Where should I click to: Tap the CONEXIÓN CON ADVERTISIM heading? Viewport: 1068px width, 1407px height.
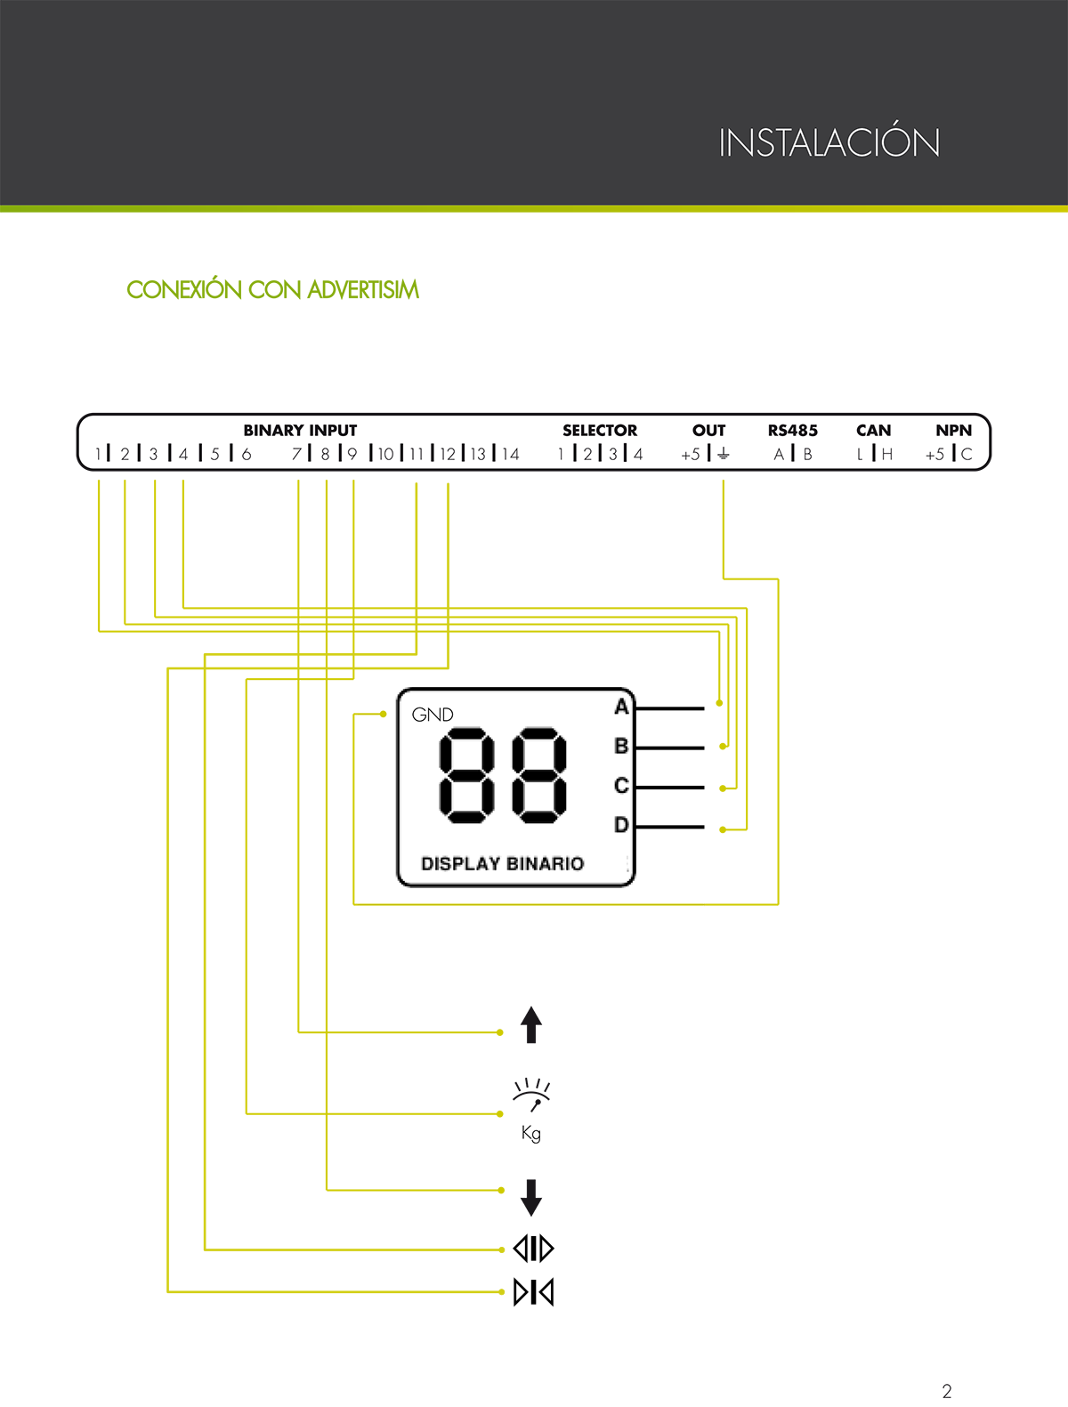[272, 289]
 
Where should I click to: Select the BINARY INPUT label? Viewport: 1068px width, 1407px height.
[300, 430]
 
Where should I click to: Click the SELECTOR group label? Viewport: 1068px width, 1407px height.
[600, 430]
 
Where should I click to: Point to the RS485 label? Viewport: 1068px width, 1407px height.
[793, 430]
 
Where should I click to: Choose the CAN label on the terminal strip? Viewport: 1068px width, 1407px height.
[874, 430]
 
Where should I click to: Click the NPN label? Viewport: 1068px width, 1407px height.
[954, 430]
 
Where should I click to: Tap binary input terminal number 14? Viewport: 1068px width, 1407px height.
[510, 455]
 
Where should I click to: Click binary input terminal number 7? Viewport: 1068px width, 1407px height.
[296, 455]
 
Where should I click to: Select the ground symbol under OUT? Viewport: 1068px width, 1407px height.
[723, 454]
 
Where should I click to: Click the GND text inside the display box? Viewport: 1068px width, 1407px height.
[433, 714]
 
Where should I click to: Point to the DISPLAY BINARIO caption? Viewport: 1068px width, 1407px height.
[503, 863]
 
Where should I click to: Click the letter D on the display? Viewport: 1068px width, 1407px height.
[621, 824]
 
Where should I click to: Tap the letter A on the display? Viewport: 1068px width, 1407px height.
[621, 707]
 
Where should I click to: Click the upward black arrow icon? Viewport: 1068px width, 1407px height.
[530, 1024]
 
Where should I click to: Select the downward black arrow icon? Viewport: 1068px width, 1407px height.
[530, 1197]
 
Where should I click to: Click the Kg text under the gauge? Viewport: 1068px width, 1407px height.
[530, 1133]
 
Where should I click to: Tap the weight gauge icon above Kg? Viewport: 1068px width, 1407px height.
[531, 1095]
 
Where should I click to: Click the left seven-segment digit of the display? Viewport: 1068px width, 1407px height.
[466, 775]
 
